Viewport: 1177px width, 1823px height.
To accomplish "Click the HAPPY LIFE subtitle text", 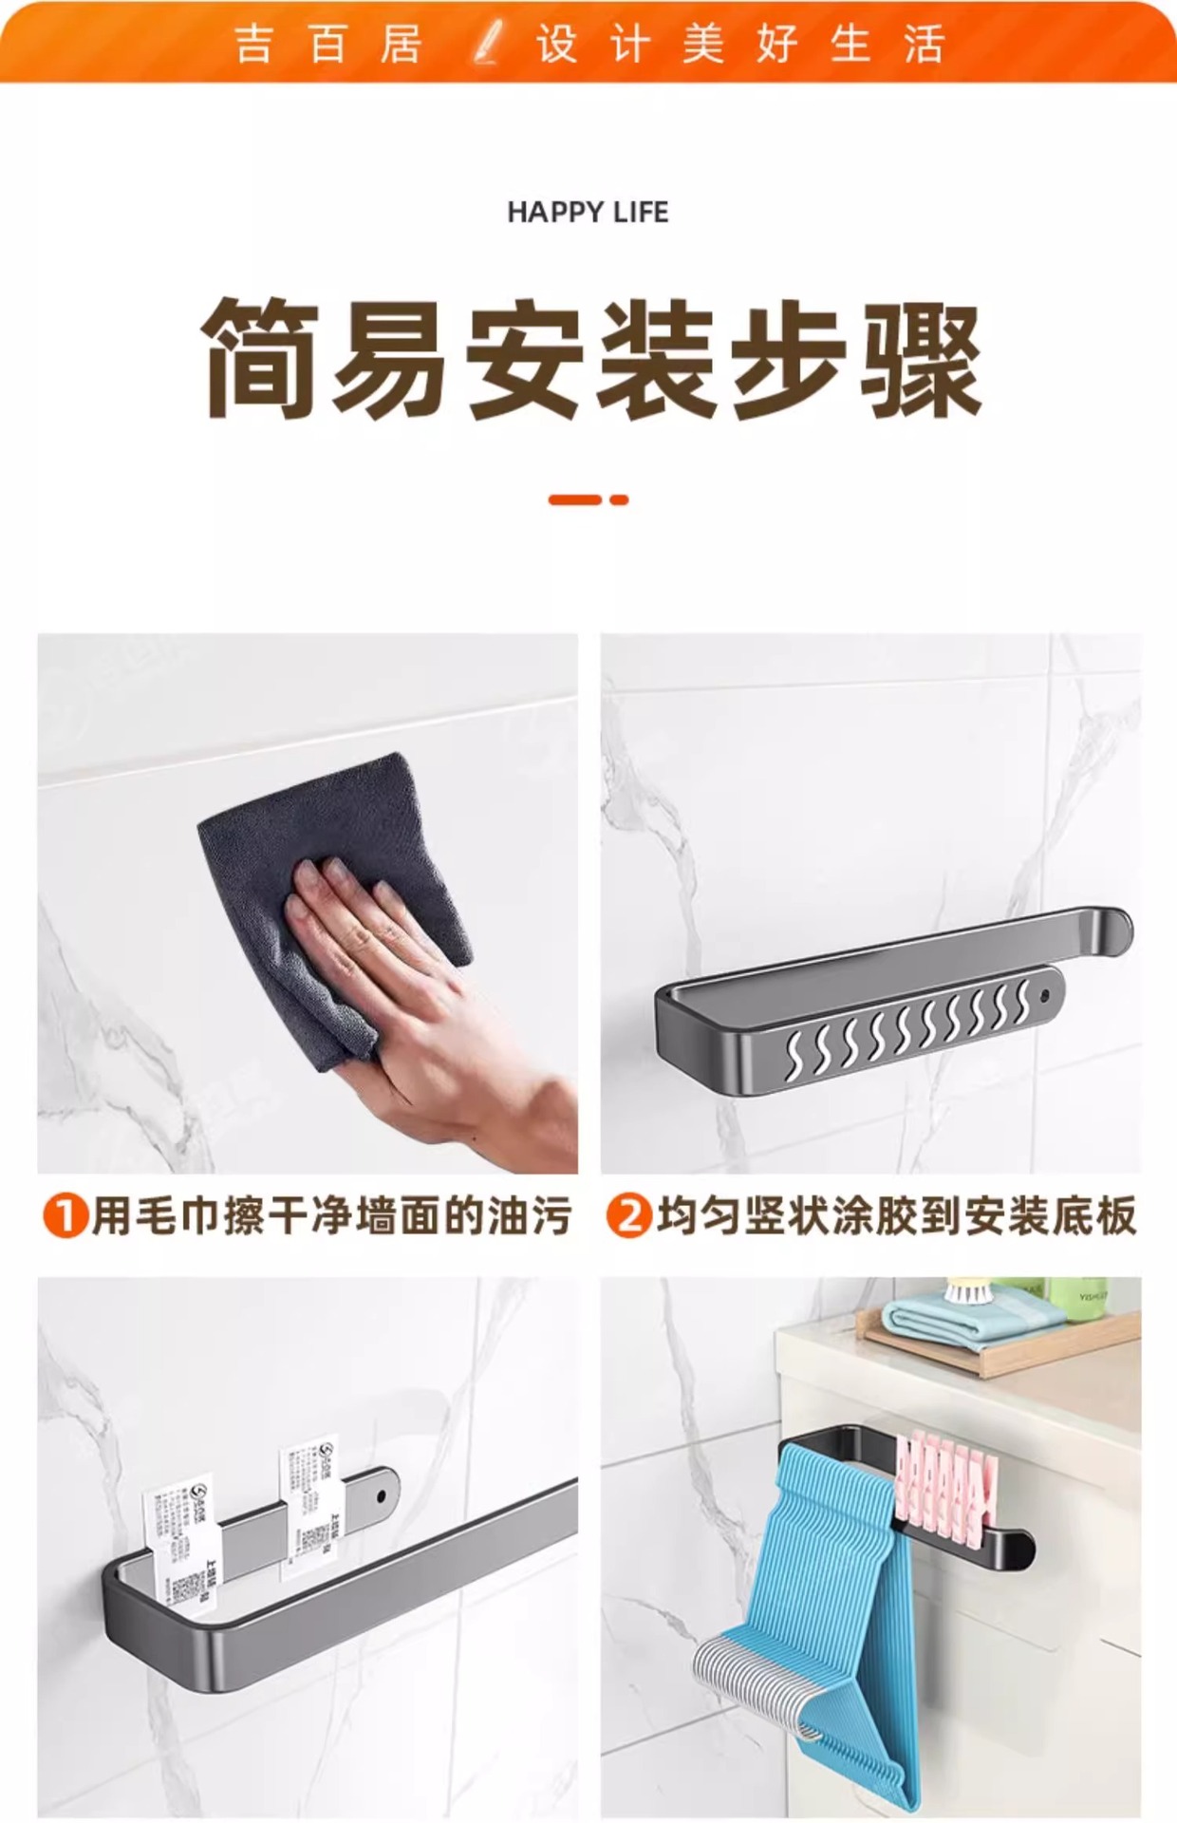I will pos(588,212).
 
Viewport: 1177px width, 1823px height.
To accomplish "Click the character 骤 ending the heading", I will pos(920,358).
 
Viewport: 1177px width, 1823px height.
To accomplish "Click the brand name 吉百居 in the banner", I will pos(327,44).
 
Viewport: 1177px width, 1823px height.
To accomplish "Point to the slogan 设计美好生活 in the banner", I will pos(740,44).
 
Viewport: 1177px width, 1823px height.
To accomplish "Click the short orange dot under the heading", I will pos(620,499).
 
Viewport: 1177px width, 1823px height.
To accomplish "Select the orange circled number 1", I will pos(65,1216).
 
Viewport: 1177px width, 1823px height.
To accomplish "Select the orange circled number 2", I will pos(628,1216).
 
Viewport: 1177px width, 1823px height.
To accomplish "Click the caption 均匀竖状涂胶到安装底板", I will pos(896,1216).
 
